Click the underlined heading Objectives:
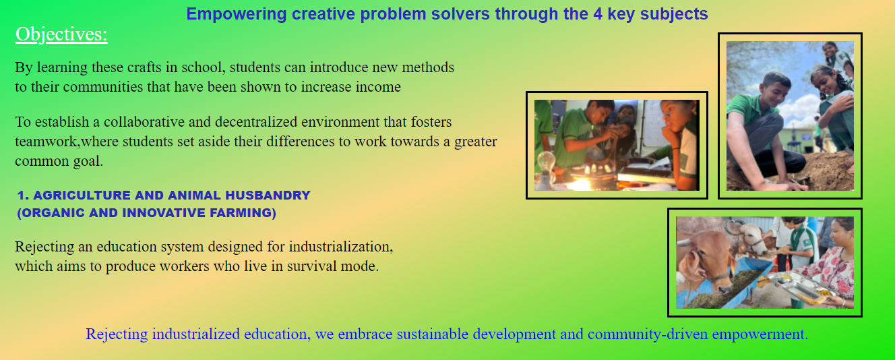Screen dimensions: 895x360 (61, 34)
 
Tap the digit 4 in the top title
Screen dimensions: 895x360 (598, 14)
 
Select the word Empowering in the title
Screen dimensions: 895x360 (237, 15)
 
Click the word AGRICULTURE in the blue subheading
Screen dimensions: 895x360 (82, 196)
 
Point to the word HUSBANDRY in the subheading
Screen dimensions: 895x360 (268, 196)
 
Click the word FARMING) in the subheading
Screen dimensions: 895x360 (243, 213)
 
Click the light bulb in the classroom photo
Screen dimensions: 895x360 (547, 162)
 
